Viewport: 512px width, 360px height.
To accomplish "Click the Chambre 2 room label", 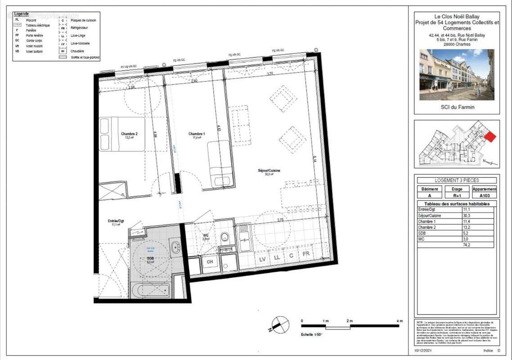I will tap(129, 134).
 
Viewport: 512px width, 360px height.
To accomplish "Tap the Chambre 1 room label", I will tap(197, 134).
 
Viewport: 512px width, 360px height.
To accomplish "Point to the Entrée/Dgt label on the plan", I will tap(116, 221).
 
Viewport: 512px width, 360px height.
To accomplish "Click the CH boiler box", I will tap(210, 261).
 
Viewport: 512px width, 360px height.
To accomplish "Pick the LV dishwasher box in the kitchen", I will tap(262, 259).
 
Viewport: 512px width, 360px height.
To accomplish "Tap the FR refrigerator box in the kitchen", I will tap(306, 254).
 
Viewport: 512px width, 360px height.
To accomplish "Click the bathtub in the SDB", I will tap(150, 290).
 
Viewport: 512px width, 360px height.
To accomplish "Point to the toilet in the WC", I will tap(225, 238).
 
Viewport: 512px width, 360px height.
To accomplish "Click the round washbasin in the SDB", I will tap(175, 247).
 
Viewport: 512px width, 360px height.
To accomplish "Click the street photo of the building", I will tap(457, 75).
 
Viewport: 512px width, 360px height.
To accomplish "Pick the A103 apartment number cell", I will tap(484, 196).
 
